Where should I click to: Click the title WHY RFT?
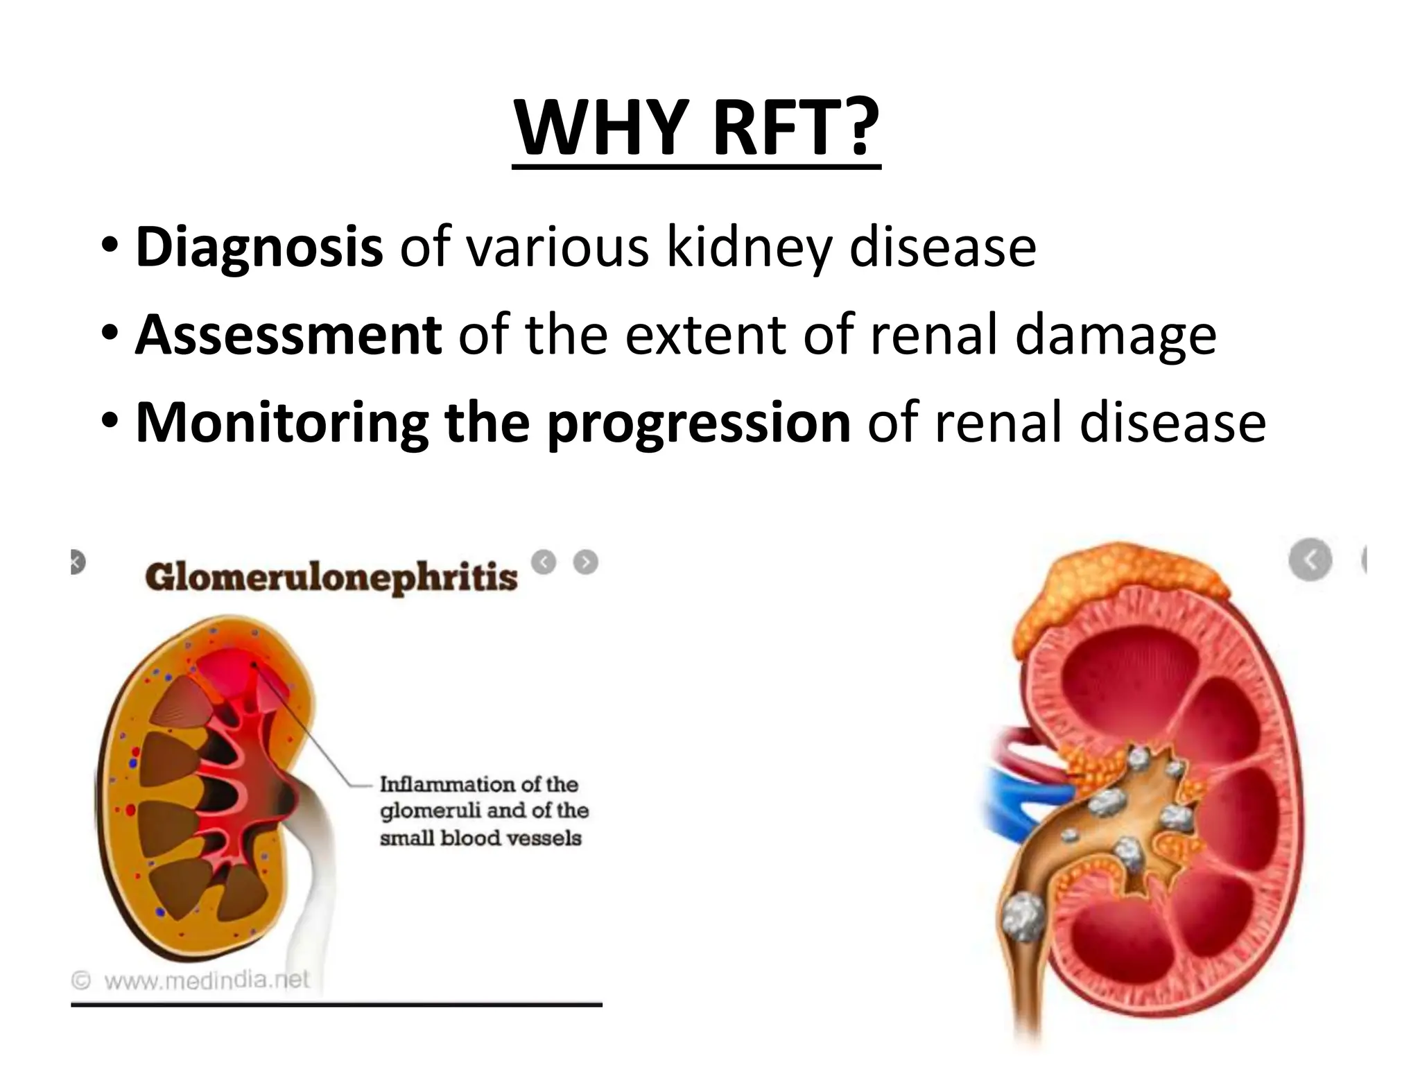[x=696, y=128]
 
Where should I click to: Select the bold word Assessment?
[x=288, y=335]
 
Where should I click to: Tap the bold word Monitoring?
[x=282, y=422]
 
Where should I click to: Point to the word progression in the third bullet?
[x=699, y=424]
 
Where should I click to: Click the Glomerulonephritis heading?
[x=331, y=578]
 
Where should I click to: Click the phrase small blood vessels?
[x=480, y=838]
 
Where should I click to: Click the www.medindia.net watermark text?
[x=207, y=980]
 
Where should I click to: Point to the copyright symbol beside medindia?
[x=82, y=980]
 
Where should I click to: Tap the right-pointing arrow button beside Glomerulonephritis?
[x=586, y=562]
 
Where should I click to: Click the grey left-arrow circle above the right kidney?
[x=1310, y=559]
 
